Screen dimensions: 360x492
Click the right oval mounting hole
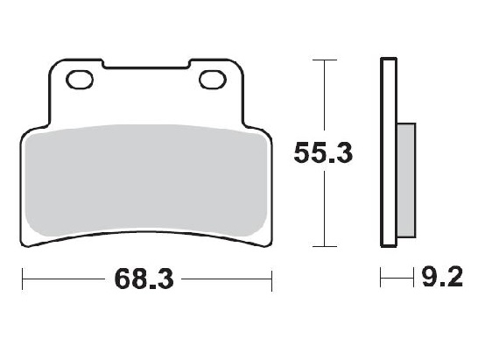213,81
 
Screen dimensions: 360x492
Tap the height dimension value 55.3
323,153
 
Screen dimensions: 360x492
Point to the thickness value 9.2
441,279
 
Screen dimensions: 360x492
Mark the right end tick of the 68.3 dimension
272,280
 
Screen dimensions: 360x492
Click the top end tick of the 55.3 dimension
325,60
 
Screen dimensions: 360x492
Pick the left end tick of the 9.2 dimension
381,280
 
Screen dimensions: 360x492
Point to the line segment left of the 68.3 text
66,280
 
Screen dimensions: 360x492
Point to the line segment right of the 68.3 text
228,280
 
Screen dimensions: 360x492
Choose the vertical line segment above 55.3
325,96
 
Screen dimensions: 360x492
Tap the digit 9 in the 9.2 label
430,279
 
